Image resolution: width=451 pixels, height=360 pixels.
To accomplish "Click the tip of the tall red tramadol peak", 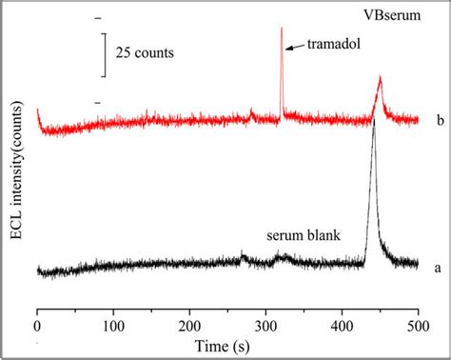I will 282,29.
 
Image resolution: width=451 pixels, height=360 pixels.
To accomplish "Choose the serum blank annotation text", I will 304,232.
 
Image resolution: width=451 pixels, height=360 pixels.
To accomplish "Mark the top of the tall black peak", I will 374,124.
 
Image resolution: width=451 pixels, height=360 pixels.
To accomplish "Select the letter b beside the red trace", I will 437,120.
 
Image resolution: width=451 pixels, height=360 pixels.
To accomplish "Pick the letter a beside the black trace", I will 437,268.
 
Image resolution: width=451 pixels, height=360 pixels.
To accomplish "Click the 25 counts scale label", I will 145,52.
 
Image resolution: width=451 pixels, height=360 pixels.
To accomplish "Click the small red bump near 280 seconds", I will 251,111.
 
